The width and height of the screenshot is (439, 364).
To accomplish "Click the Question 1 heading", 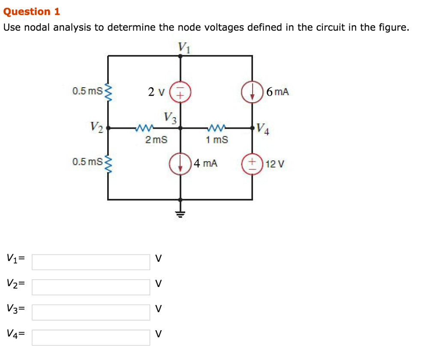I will coord(32,12).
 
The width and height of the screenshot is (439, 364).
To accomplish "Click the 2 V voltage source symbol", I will coord(180,92).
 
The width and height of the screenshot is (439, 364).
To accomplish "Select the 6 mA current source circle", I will coord(252,92).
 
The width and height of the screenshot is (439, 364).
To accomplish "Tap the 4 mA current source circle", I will coord(180,163).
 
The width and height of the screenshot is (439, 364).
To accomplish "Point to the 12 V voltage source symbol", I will coord(252,163).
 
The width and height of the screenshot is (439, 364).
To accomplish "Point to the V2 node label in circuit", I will coord(97,127).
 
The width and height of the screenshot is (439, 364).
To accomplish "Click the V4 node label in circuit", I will coord(263,128).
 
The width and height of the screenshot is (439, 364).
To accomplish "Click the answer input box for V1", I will coord(91,262).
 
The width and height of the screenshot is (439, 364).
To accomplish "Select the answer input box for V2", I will coord(91,287).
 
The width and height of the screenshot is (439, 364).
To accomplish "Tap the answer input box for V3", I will coord(91,312).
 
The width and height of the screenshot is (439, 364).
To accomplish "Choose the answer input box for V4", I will coord(91,337).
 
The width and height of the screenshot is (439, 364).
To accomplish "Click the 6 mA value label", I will coord(277,92).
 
